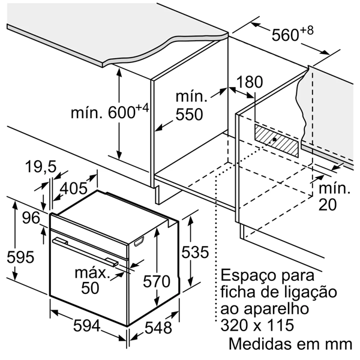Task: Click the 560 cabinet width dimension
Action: coord(290,35)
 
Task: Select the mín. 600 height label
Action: coord(109,112)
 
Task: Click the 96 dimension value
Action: coord(31,217)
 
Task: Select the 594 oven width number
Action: coord(88,326)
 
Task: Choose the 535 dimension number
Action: coord(201,251)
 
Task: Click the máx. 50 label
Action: coord(91,280)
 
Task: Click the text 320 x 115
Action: coord(257,326)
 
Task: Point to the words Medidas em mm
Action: coord(289,345)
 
